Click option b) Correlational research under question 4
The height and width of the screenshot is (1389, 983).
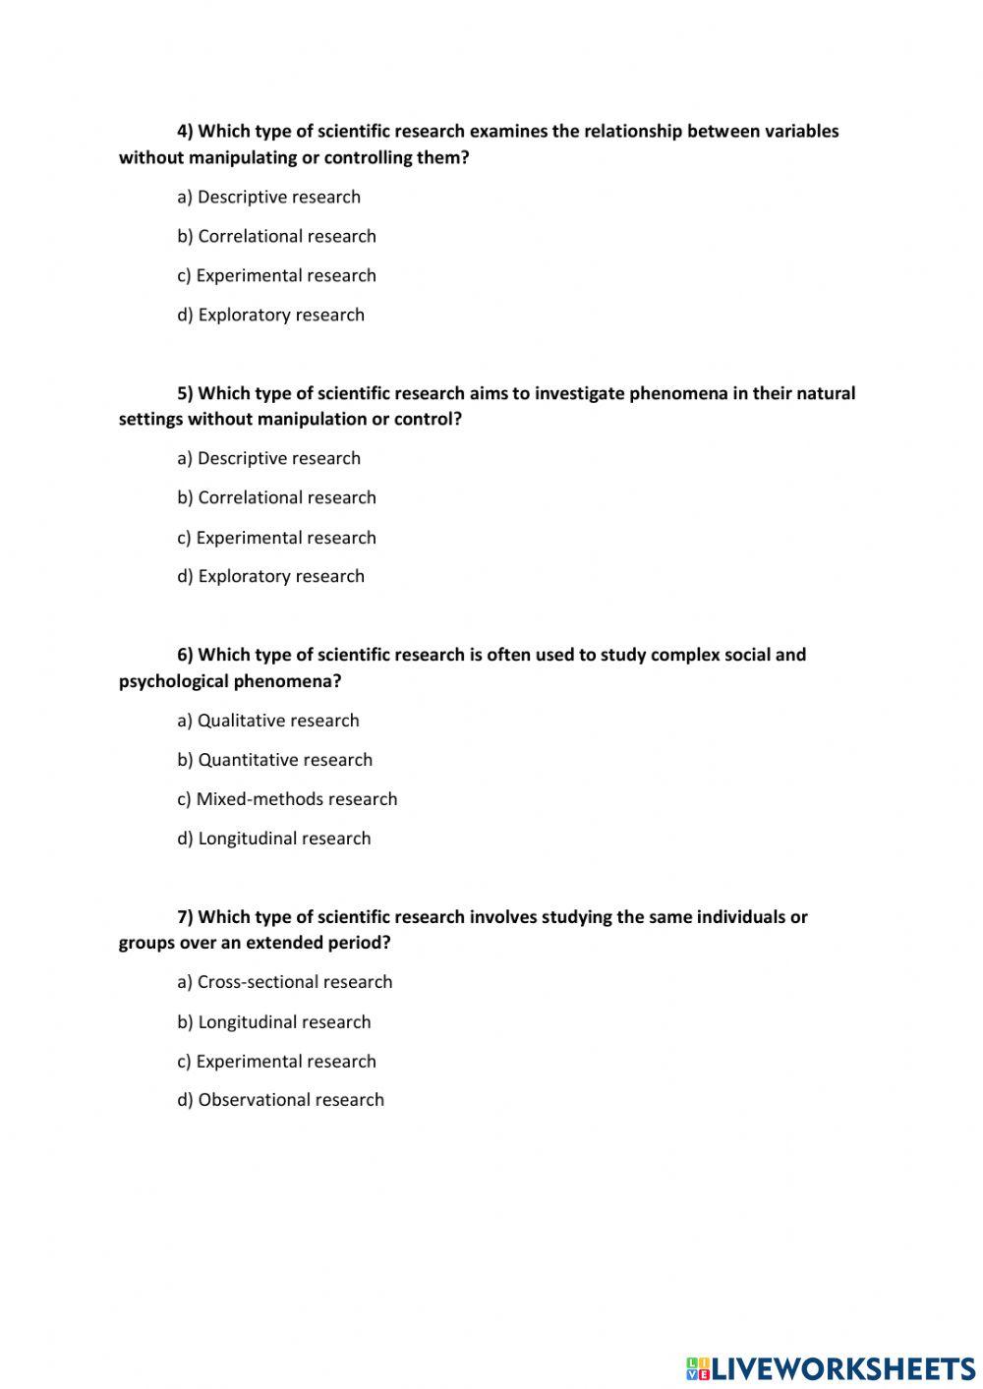276,236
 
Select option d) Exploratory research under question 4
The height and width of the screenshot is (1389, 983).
270,315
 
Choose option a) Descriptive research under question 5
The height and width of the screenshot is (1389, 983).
268,458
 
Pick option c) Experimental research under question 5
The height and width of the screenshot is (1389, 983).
276,538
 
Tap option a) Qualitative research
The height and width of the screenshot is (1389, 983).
268,721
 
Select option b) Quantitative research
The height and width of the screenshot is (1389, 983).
275,760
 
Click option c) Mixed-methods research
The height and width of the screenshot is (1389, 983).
287,799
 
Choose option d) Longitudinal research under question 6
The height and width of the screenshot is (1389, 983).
274,839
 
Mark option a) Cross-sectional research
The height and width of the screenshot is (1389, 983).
285,982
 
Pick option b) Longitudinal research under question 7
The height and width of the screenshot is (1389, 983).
274,1022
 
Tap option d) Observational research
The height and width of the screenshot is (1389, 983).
280,1100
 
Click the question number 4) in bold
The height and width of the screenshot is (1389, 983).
186,132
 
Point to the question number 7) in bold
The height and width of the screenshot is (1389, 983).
186,917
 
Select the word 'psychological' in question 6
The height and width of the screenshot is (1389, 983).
174,681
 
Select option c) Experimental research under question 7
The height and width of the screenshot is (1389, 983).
276,1062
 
